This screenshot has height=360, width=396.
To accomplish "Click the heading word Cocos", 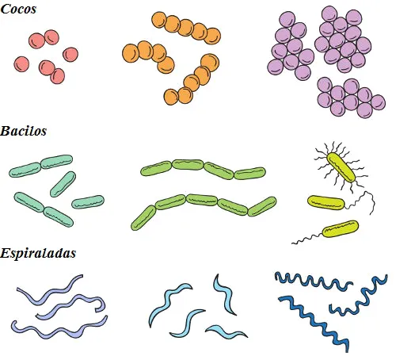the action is (x=18, y=9).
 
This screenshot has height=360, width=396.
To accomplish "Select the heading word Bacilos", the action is (x=23, y=131).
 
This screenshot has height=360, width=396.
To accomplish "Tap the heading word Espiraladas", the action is (x=38, y=253).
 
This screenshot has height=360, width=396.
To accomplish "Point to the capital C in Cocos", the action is (x=6, y=9).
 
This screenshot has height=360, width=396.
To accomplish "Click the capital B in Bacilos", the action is (x=5, y=131).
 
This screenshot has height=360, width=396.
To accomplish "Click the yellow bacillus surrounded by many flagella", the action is (x=341, y=167).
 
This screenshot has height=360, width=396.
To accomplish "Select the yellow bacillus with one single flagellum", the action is (x=341, y=229).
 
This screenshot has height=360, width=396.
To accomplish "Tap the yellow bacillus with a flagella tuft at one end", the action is (x=326, y=202).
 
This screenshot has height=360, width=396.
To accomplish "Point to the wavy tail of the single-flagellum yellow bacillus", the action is (x=307, y=238).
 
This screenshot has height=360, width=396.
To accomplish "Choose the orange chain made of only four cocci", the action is (x=148, y=56).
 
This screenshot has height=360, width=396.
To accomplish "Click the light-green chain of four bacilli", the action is (x=203, y=169).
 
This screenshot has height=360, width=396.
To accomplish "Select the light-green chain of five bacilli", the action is (x=204, y=209).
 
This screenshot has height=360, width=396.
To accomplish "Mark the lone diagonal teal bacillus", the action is (x=63, y=184).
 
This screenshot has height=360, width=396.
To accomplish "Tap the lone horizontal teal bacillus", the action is (x=88, y=202).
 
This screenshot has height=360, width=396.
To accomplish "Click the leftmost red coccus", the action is (x=21, y=64).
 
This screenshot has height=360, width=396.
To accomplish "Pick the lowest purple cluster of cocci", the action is (x=351, y=98).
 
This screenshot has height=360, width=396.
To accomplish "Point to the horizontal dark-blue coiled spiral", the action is (x=314, y=281).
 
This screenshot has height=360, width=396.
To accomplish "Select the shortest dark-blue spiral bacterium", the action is (x=359, y=295).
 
